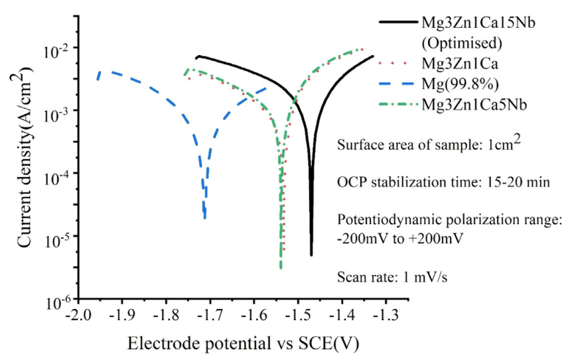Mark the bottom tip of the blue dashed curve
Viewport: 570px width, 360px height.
pos(205,218)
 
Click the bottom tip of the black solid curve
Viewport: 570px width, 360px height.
pos(311,255)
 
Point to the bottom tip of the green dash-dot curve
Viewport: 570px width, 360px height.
pos(281,268)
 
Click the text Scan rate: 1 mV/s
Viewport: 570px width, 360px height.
pos(392,277)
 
